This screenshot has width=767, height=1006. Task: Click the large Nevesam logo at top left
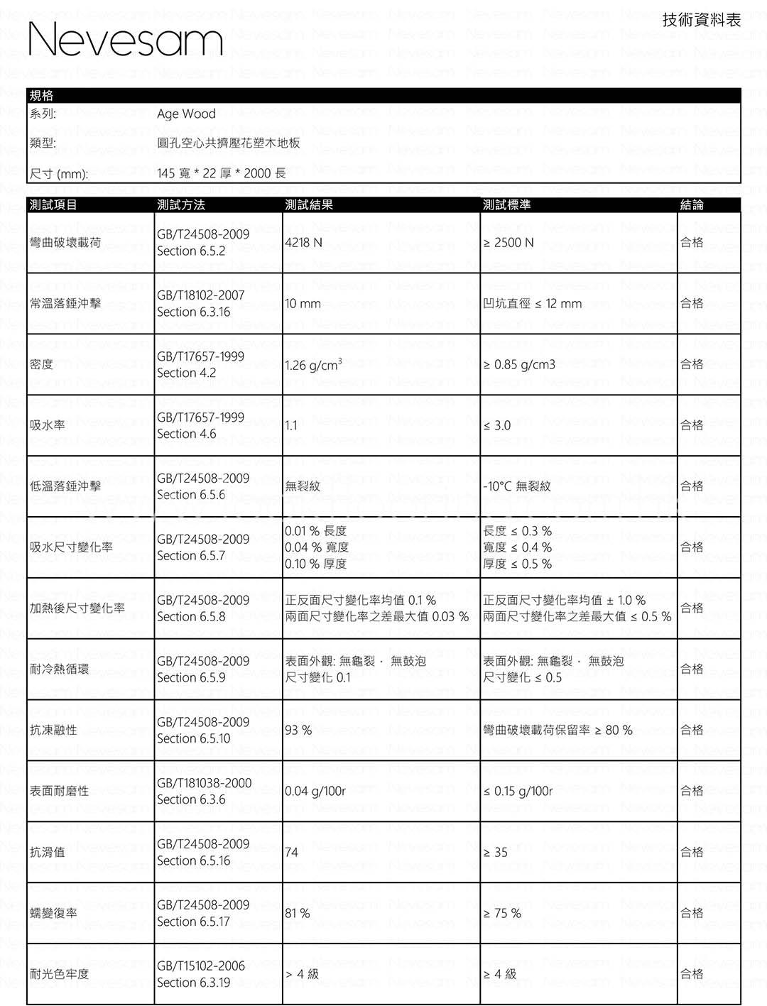click(126, 39)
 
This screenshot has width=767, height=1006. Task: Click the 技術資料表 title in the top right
click(701, 20)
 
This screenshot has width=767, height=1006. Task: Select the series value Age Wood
click(186, 114)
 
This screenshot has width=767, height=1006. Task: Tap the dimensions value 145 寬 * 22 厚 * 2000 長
click(222, 173)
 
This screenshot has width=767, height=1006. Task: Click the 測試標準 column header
click(506, 205)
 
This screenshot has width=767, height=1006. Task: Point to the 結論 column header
click(692, 205)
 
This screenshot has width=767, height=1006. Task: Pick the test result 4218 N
click(303, 243)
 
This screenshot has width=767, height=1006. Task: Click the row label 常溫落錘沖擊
click(65, 304)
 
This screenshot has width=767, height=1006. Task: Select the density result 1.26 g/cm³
click(313, 365)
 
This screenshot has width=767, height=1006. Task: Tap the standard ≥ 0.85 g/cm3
click(519, 365)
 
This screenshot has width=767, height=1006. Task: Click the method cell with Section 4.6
click(187, 434)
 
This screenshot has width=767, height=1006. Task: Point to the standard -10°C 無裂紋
click(517, 487)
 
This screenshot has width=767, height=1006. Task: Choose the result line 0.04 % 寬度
click(317, 547)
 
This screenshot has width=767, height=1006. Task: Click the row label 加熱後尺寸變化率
click(77, 608)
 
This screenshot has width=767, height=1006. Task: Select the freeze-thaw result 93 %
click(298, 731)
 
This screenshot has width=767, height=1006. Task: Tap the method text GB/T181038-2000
click(205, 783)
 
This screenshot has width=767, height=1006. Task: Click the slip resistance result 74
click(292, 853)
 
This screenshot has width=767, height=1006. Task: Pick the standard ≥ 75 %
click(502, 914)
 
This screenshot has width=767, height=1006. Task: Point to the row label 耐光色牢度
click(60, 974)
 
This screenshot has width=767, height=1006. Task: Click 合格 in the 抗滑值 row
click(692, 853)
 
